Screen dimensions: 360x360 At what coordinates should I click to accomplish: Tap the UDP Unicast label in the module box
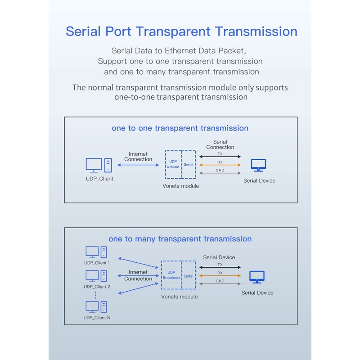coord(173,164)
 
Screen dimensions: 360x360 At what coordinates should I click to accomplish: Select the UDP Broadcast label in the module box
coord(171,275)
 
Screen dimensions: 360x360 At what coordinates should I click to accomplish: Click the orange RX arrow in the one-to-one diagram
coord(220,165)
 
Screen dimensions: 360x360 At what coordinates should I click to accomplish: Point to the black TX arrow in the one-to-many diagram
coord(220,267)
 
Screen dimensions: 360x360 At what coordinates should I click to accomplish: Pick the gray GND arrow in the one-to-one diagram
coord(220,173)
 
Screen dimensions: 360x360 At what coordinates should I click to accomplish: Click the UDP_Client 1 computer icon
coord(96,252)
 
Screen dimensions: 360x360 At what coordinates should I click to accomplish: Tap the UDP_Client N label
coord(97,318)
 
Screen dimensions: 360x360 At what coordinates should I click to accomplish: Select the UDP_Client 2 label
coord(97,287)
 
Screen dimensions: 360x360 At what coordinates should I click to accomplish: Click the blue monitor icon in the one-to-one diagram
coord(258,165)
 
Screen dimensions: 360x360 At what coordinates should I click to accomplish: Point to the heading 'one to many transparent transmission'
coord(180,239)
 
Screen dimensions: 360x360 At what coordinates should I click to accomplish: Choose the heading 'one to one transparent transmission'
coord(180,128)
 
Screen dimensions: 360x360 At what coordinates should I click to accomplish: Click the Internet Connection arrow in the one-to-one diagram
coord(138,165)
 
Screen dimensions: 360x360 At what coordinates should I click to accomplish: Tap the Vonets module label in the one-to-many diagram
coord(179,297)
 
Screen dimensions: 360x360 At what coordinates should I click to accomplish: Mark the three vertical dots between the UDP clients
coord(95,295)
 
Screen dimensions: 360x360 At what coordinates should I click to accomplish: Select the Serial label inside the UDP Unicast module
coord(189,164)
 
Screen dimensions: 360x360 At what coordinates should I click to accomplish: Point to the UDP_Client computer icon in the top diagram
coord(99,165)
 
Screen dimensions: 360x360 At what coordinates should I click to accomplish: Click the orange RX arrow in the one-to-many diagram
coord(220,275)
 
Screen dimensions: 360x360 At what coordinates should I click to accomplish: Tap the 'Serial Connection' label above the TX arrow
coord(220,144)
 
